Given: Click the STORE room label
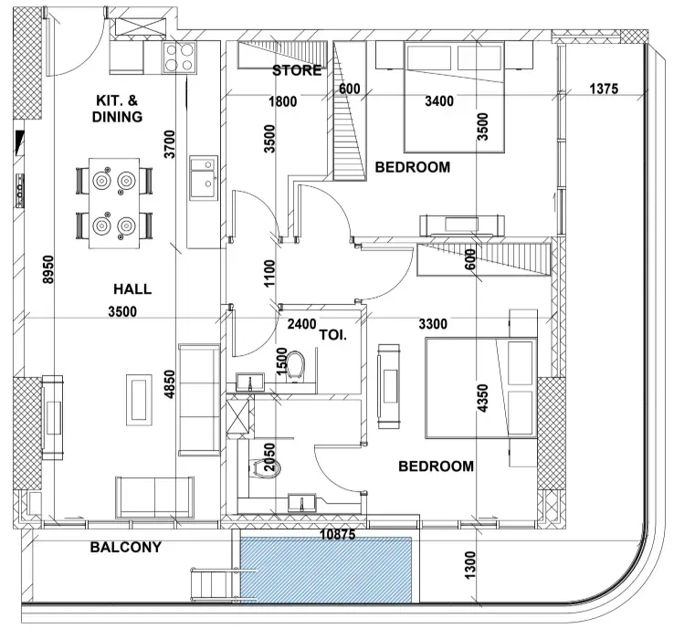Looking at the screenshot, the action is (x=297, y=70).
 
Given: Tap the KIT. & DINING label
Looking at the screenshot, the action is (x=117, y=109).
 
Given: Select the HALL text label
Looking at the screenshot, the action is (x=132, y=288).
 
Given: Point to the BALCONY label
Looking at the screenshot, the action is (x=126, y=547).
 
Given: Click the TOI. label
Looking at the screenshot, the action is (x=333, y=335).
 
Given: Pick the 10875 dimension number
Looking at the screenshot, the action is (x=338, y=535).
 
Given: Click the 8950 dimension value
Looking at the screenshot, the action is (x=48, y=269).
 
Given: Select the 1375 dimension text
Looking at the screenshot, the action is (x=604, y=89).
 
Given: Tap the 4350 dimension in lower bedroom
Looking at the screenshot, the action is (x=483, y=398).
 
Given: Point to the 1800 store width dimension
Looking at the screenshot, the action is (x=282, y=102).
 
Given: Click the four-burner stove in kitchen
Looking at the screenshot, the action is (x=179, y=58).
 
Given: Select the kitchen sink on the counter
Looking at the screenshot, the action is (x=204, y=178).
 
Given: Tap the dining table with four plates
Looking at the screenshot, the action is (x=114, y=204).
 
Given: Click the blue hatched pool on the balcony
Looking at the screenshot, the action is (x=326, y=570).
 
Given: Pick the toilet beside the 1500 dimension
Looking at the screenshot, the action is (x=295, y=365).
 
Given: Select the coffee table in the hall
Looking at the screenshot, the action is (x=139, y=400).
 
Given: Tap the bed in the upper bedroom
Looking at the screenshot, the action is (x=454, y=97).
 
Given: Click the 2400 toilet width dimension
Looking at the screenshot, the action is (x=301, y=324).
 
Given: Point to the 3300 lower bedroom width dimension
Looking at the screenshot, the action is (x=433, y=324).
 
